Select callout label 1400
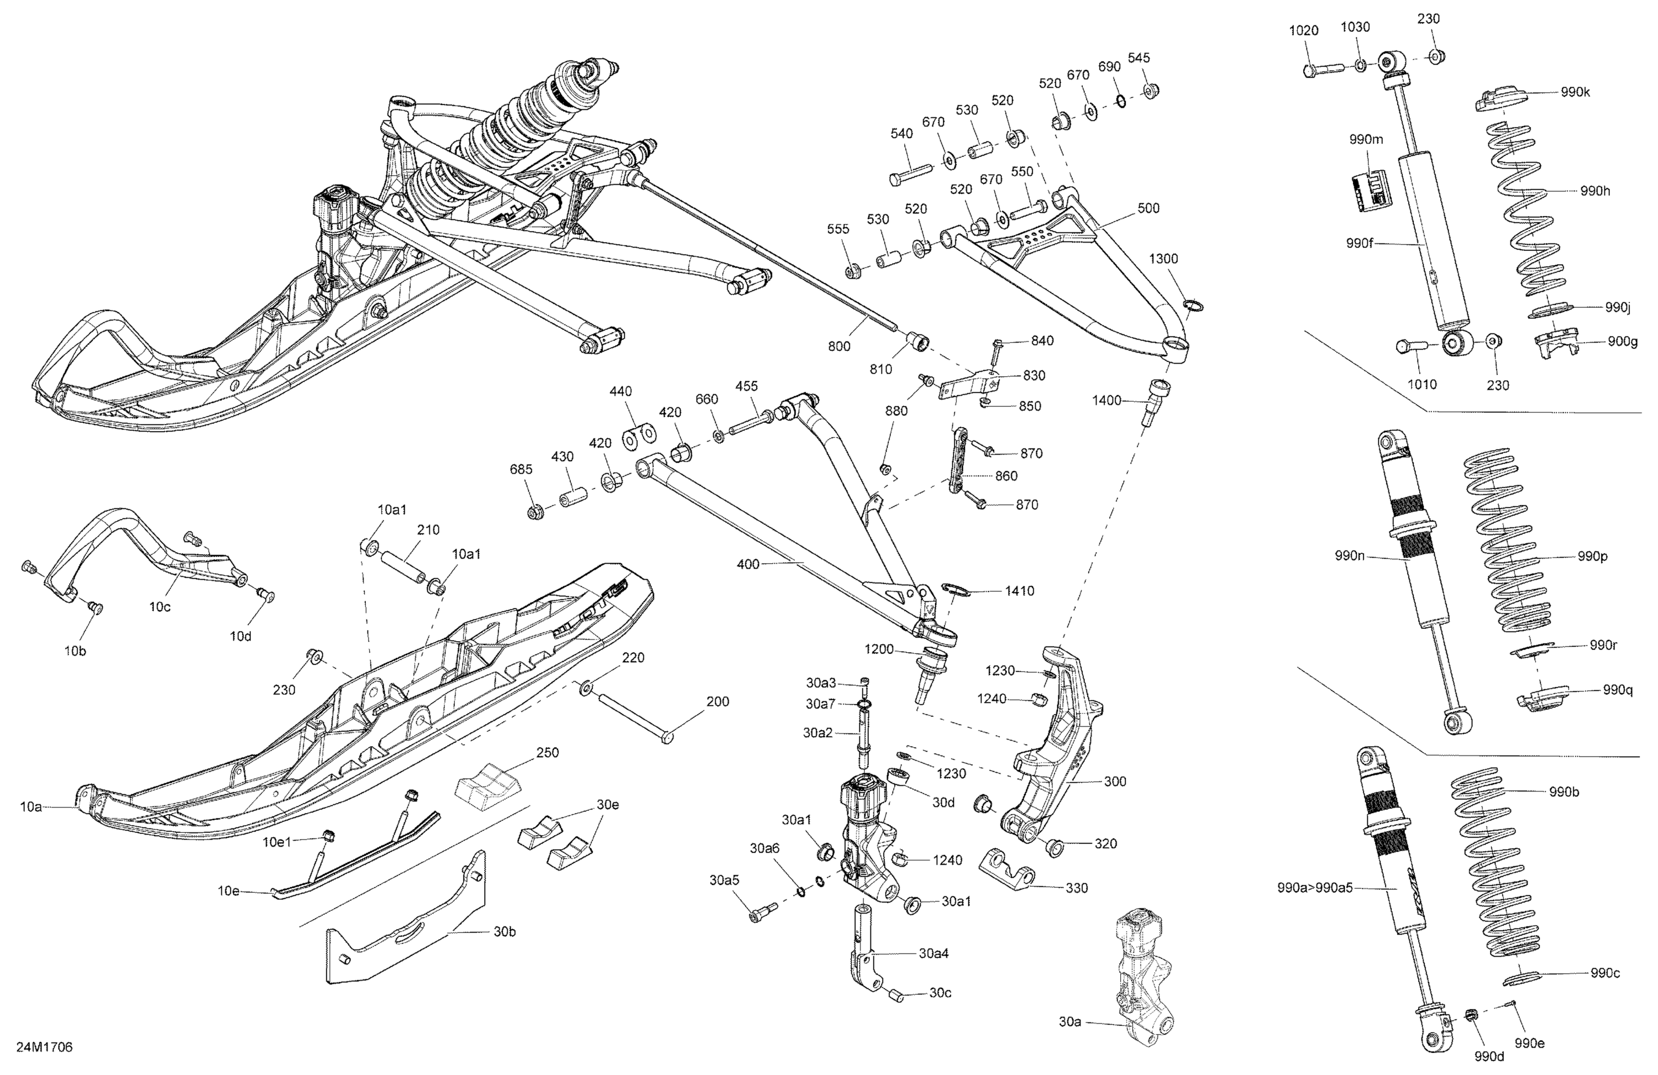coord(1106,400)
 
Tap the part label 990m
coord(1366,139)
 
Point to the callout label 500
coord(1148,208)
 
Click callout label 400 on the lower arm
coord(748,564)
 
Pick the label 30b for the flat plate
coord(505,931)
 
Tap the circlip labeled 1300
coord(1193,305)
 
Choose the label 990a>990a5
coord(1314,888)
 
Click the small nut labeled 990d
coord(1471,1032)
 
